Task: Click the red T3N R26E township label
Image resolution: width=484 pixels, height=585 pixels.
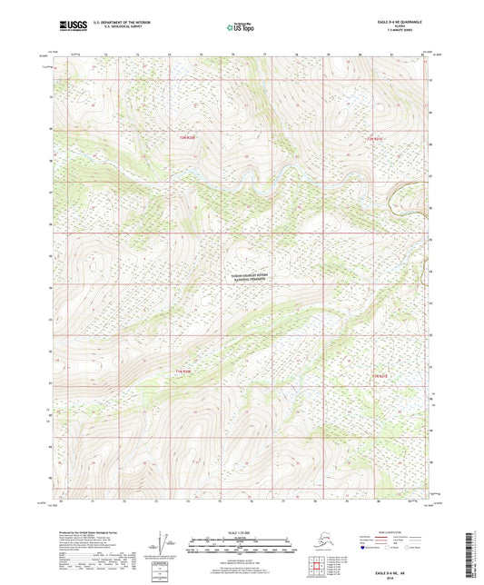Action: (x=187, y=137)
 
